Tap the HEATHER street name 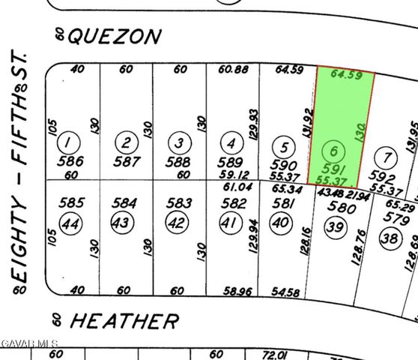pos(124,322)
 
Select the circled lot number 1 pos(70,142)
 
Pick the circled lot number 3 pos(178,142)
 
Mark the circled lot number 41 pos(229,223)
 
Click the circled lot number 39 pos(336,229)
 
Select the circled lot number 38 pos(390,238)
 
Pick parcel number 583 pos(178,202)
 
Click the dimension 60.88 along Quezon pos(231,70)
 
